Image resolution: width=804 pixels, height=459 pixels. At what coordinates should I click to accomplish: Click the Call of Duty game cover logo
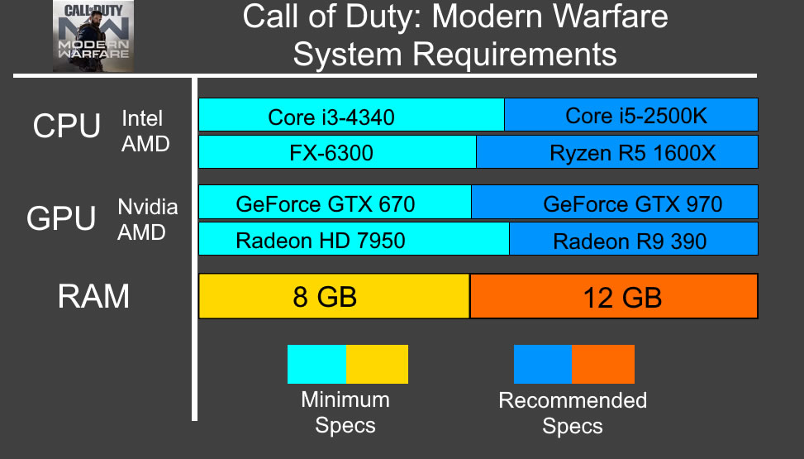tap(93, 36)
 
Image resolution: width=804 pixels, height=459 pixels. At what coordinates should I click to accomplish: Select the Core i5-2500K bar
tap(631, 115)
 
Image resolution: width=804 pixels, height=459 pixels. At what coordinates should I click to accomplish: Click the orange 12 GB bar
tap(614, 296)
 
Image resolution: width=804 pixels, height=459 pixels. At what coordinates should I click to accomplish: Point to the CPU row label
tap(66, 127)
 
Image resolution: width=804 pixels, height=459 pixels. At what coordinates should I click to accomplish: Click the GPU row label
tap(63, 218)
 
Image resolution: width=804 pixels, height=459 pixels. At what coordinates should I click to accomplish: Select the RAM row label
tap(93, 296)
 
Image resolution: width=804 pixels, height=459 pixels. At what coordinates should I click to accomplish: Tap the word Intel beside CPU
tap(142, 118)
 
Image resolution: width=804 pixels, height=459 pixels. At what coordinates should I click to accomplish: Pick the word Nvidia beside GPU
tap(147, 207)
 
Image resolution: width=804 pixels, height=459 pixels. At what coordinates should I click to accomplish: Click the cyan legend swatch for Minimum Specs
tap(316, 365)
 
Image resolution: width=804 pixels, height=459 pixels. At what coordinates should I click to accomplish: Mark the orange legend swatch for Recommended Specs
tap(603, 365)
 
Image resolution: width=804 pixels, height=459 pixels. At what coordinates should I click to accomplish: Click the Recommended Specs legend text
tap(573, 414)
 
